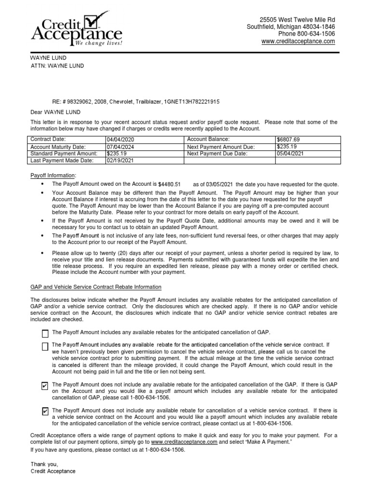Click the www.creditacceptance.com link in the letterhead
[x=298, y=42]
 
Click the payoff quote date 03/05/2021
[x=220, y=184]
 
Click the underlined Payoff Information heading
[x=53, y=175]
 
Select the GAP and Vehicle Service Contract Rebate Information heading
[x=96, y=287]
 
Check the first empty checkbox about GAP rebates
[x=45, y=334]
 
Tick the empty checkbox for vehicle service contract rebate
[x=45, y=347]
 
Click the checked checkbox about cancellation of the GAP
[x=45, y=386]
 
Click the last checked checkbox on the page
[x=45, y=411]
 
